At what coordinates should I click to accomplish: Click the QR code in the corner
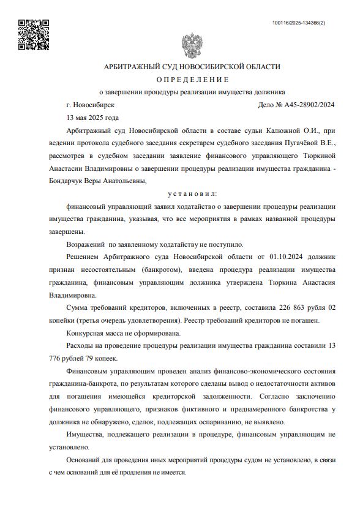click(x=34, y=35)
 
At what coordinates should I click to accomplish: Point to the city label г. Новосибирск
click(x=91, y=105)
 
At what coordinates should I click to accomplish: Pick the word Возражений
click(x=86, y=244)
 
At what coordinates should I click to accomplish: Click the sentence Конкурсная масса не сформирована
click(x=123, y=333)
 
